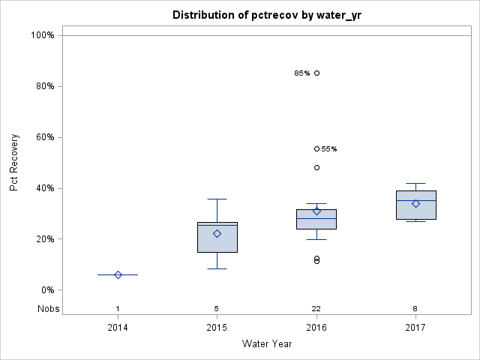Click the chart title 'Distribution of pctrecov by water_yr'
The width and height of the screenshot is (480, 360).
(266, 15)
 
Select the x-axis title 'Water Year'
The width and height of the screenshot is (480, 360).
(266, 344)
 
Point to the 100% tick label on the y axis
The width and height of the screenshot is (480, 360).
(42, 35)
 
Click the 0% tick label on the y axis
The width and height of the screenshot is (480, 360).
(46, 290)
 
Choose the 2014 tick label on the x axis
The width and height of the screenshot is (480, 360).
(118, 327)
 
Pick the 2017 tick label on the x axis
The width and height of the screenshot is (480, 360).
(415, 327)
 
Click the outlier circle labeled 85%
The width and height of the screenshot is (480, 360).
(316, 73)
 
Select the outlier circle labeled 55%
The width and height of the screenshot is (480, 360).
(316, 149)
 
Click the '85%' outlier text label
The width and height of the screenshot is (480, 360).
(301, 73)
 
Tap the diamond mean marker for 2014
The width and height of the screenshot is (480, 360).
(118, 275)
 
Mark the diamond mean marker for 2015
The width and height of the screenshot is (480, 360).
(217, 234)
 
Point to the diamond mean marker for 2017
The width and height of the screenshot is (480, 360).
(415, 204)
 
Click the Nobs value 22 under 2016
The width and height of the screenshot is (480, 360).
(316, 309)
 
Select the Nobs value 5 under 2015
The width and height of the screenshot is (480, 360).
(217, 309)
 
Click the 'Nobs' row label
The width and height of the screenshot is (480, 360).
(49, 309)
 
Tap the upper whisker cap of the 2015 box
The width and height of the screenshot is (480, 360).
(217, 199)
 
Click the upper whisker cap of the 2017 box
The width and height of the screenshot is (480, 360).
(415, 183)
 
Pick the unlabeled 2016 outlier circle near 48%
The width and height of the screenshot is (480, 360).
(316, 168)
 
